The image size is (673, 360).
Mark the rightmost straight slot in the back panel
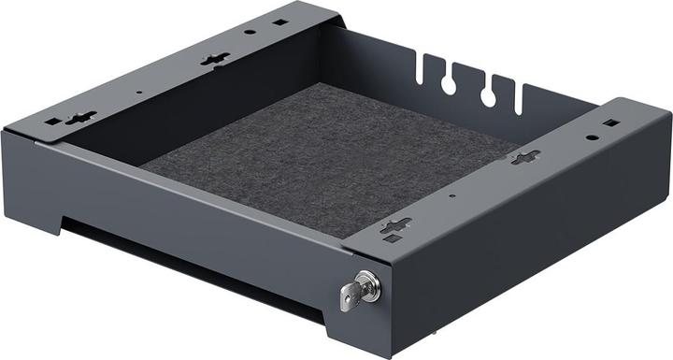(519, 98)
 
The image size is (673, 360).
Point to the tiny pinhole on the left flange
(138, 92)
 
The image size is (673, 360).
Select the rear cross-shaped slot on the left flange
(214, 59)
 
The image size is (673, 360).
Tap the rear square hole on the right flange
(609, 122)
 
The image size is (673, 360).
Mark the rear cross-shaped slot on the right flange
(524, 157)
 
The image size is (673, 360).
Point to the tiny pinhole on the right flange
(451, 196)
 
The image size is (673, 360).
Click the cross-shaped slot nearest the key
(395, 225)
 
